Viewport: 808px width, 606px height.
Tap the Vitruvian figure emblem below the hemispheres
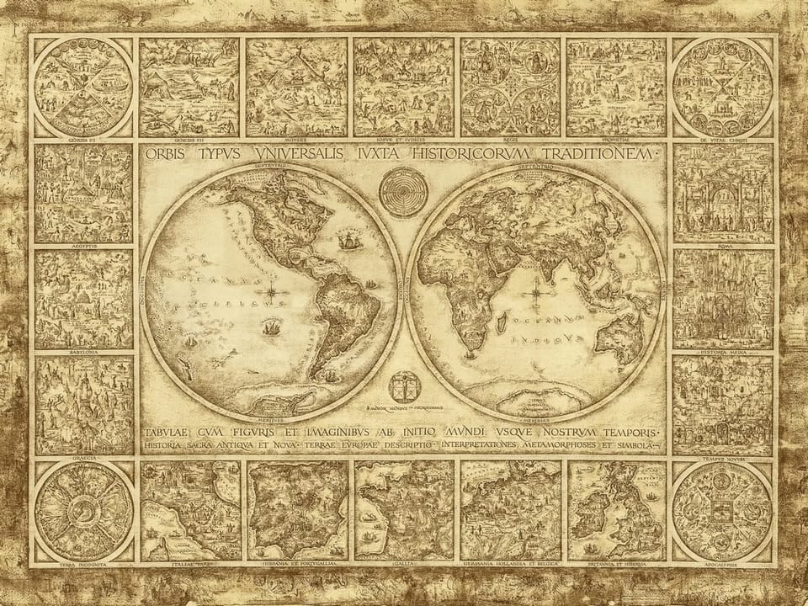click(x=402, y=388)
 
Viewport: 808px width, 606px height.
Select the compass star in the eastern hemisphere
click(x=536, y=294)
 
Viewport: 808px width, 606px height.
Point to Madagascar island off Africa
click(x=502, y=321)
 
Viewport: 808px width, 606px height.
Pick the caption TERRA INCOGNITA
click(x=82, y=564)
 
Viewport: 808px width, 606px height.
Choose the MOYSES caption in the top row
click(x=296, y=141)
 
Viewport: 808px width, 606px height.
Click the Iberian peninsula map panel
click(x=297, y=510)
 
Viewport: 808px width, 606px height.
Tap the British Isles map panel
click(x=617, y=510)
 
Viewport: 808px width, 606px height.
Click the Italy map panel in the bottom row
click(x=189, y=510)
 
